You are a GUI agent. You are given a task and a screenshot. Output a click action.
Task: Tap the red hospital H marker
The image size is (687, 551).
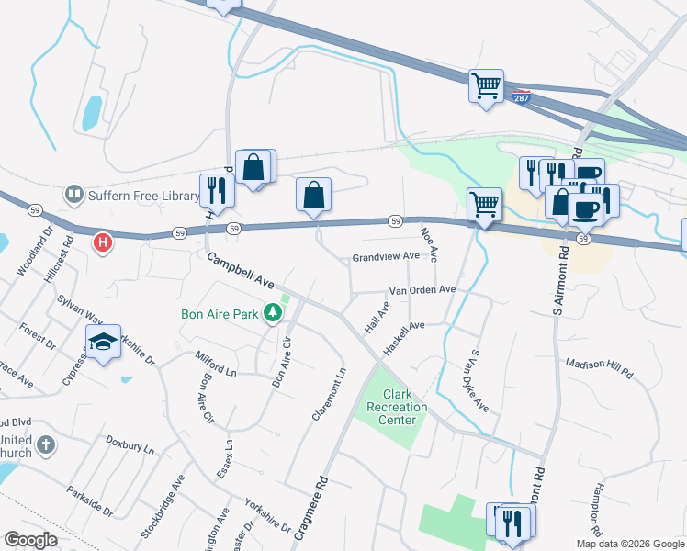[104, 243]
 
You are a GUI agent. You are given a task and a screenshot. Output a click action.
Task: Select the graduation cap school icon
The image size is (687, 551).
[104, 343]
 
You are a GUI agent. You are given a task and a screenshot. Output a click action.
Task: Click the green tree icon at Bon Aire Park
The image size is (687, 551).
[272, 314]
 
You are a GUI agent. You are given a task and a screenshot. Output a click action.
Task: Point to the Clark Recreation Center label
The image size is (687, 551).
[398, 407]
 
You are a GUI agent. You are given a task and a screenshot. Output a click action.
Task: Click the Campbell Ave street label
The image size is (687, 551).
[241, 271]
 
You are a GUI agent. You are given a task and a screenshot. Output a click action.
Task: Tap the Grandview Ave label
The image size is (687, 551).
[386, 257]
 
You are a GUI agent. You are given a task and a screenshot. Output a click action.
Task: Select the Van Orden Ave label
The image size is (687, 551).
[422, 289]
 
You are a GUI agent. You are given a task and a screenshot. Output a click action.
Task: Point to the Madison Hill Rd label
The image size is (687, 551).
[600, 368]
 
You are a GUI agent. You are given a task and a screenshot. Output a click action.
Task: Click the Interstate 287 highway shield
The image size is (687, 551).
[521, 96]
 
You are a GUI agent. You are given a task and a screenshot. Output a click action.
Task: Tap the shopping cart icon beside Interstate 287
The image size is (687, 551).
[486, 86]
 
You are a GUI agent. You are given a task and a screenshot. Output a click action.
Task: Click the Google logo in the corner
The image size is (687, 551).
[30, 540]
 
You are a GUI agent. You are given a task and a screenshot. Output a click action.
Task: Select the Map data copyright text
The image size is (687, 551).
[630, 544]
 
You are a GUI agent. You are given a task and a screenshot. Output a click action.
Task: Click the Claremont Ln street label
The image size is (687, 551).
[329, 394]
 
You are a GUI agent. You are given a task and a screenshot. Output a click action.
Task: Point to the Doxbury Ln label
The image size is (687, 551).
[130, 445]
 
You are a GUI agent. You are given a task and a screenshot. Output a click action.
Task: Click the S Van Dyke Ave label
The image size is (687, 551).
[479, 379]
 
